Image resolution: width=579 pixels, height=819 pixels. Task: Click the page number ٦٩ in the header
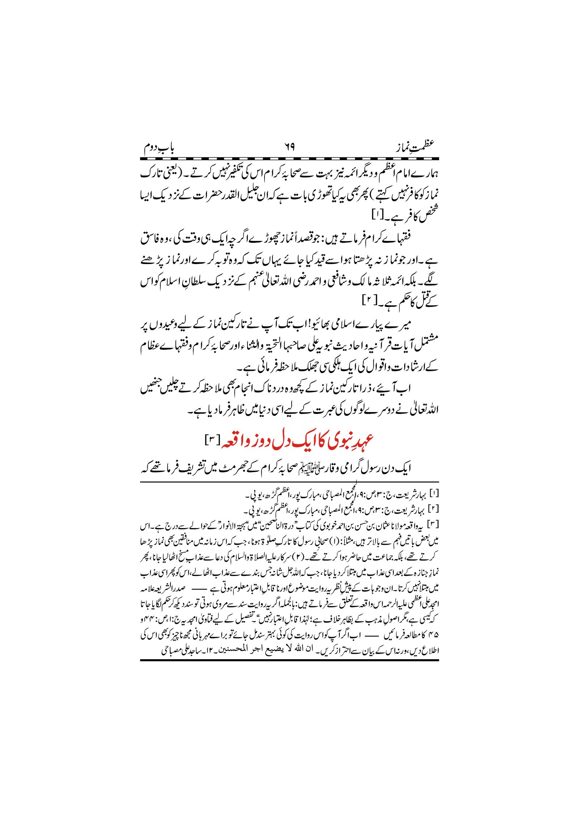point(289,147)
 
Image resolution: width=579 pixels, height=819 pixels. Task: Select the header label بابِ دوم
point(159,147)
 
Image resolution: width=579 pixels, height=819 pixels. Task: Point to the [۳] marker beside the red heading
point(210,440)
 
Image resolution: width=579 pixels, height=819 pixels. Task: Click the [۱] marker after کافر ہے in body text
point(377,216)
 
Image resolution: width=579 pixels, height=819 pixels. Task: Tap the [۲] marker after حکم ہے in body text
point(369,300)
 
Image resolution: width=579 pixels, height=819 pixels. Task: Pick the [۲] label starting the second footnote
point(434,509)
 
